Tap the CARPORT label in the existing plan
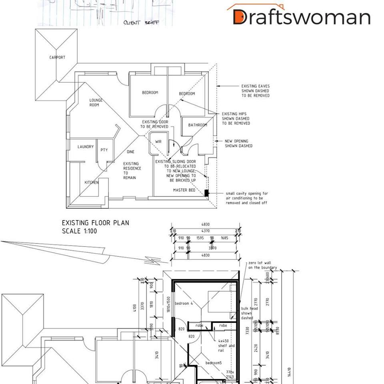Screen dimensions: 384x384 click(57, 58)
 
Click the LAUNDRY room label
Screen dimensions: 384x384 click(86, 147)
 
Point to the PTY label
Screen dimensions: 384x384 click(104, 150)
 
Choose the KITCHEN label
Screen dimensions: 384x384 click(91, 182)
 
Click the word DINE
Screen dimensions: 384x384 click(131, 152)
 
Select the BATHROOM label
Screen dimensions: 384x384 click(198, 125)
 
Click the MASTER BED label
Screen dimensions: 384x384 click(184, 190)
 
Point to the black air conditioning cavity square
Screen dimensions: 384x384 click(206, 193)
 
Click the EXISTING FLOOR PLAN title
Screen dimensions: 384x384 click(96, 223)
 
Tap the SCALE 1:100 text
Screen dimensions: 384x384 click(79, 231)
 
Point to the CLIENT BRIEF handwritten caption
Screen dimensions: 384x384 click(141, 23)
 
